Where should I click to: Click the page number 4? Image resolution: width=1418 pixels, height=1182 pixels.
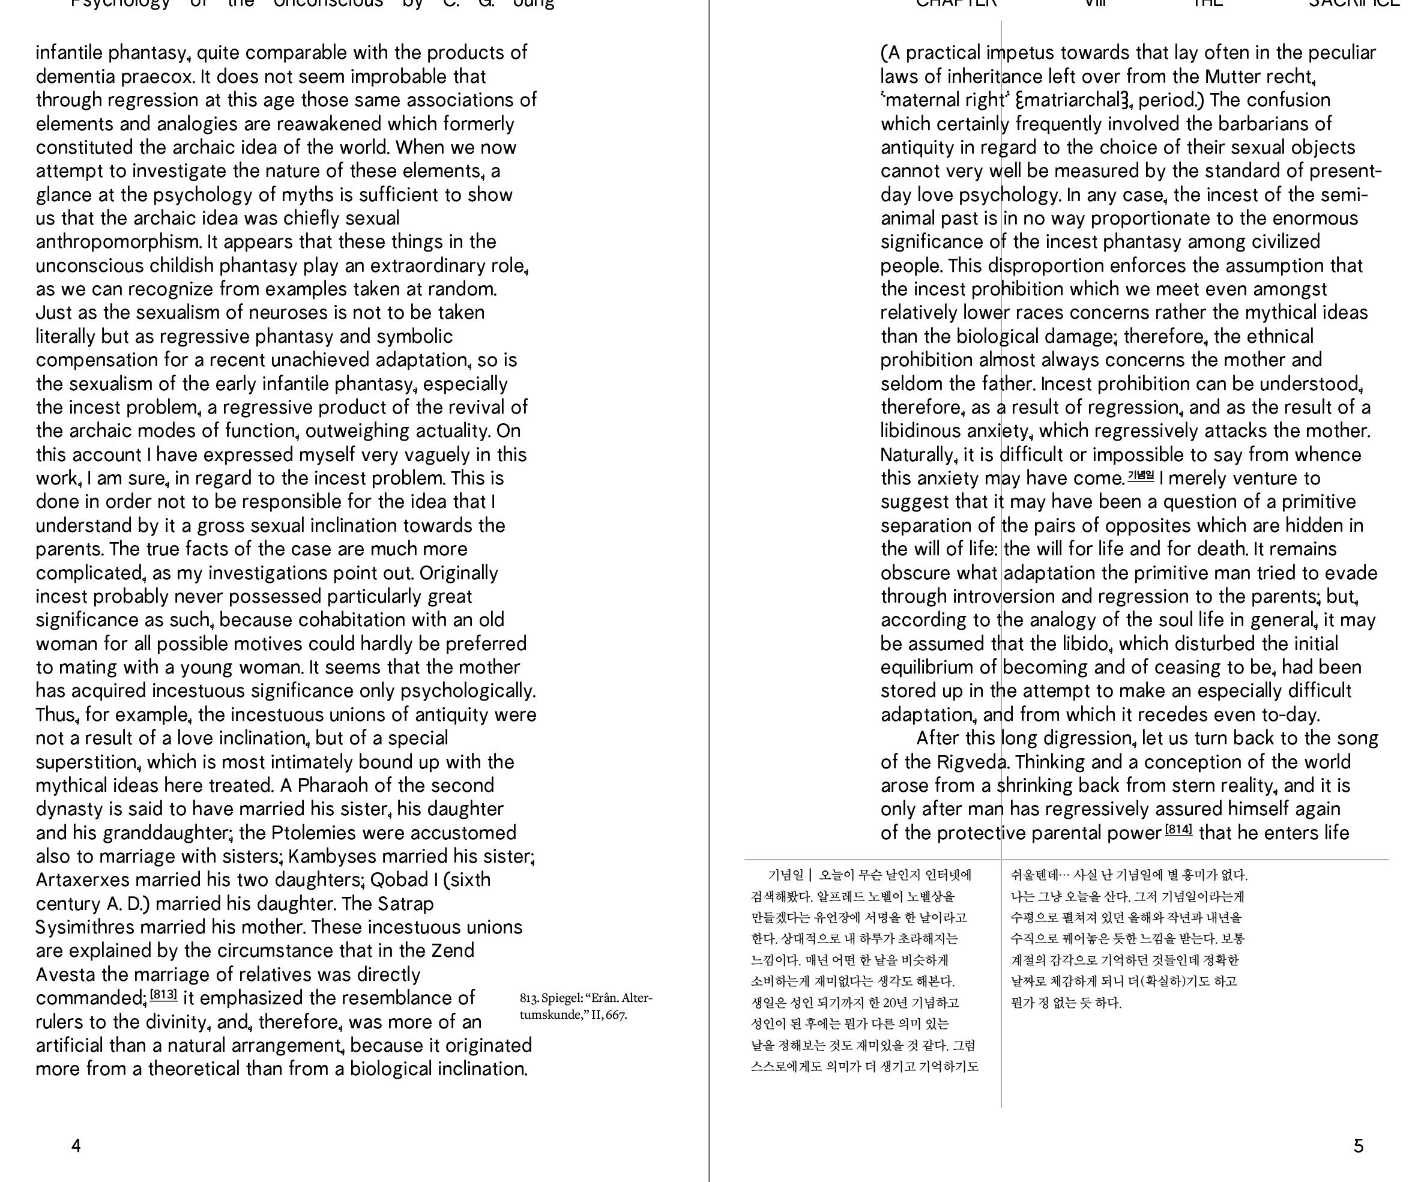click(76, 1145)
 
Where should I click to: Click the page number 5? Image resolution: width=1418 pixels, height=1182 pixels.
click(1359, 1145)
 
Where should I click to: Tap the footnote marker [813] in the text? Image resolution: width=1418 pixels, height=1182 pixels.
click(163, 995)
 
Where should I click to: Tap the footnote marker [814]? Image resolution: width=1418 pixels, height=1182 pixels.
click(1179, 830)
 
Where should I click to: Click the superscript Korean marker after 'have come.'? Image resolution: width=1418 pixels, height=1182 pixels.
click(1141, 475)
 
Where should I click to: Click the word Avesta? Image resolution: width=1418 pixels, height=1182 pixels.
click(65, 975)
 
